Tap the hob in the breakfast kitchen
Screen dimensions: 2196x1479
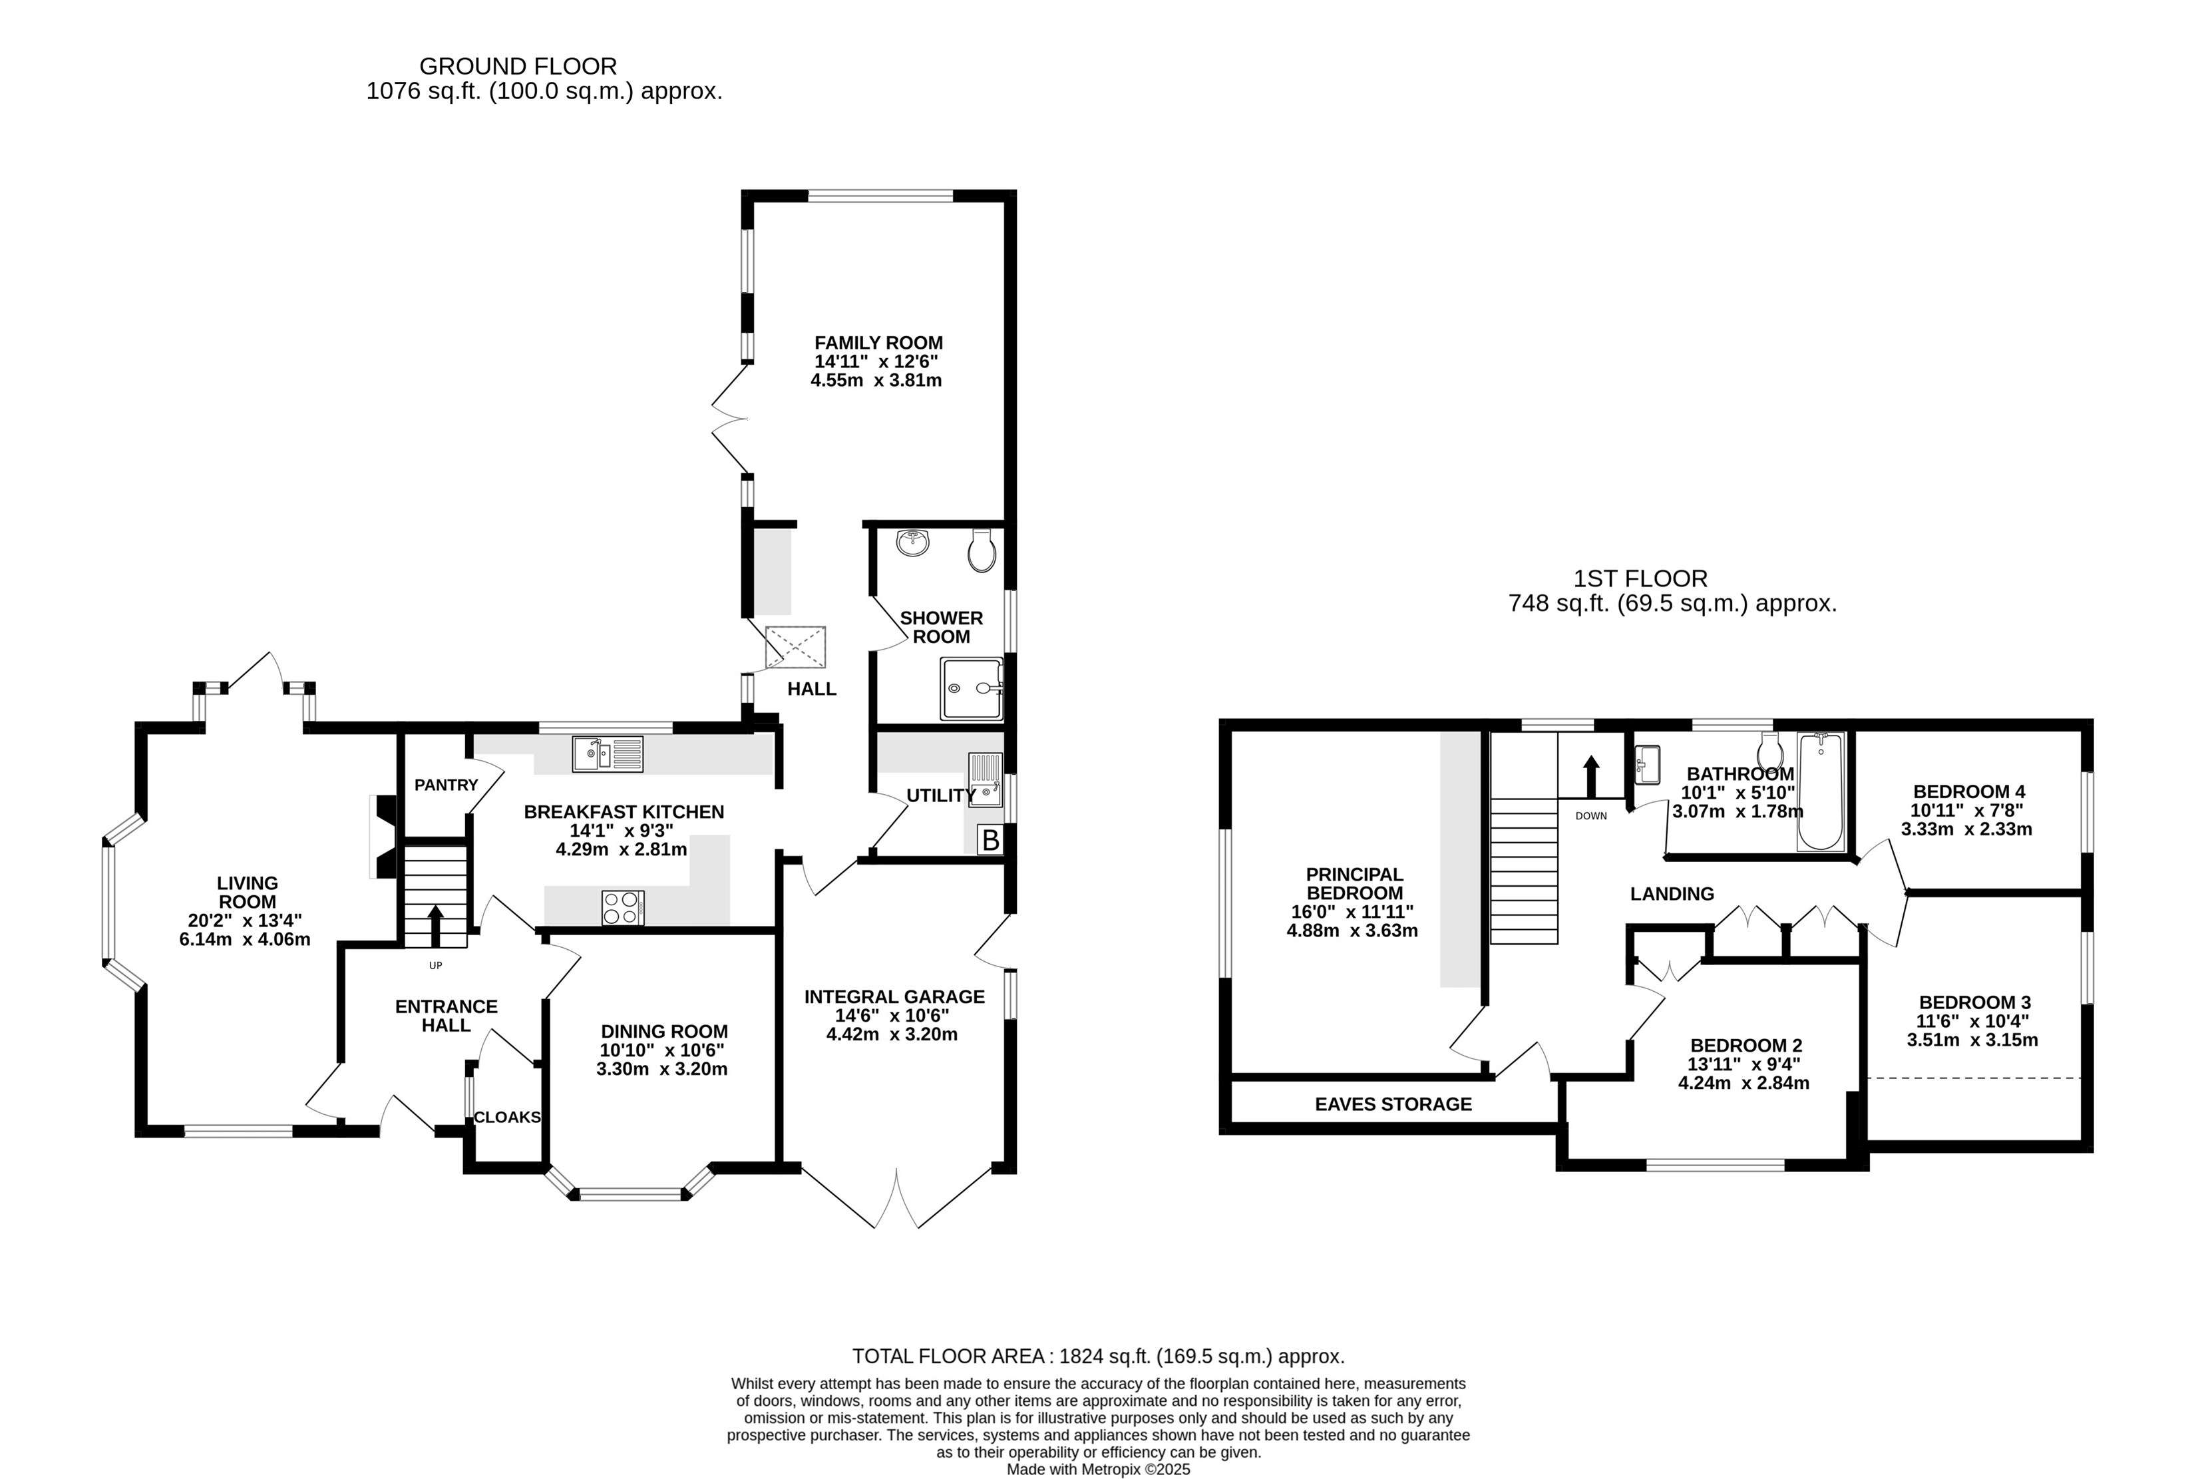coord(622,907)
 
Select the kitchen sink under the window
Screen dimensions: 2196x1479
coord(607,753)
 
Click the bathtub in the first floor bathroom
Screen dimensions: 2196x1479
coord(1820,791)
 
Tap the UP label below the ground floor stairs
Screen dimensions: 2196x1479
coord(436,965)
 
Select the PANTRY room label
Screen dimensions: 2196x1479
coord(446,785)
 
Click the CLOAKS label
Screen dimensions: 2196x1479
coord(507,1117)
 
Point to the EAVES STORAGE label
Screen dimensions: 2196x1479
coord(1393,1104)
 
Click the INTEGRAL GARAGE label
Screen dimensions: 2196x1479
coord(894,996)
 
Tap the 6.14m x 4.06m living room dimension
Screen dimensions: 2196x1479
coord(244,939)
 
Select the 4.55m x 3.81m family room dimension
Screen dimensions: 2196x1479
coord(876,380)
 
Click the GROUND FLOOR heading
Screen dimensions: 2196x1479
coord(518,66)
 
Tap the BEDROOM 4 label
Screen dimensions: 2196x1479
coord(1969,791)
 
